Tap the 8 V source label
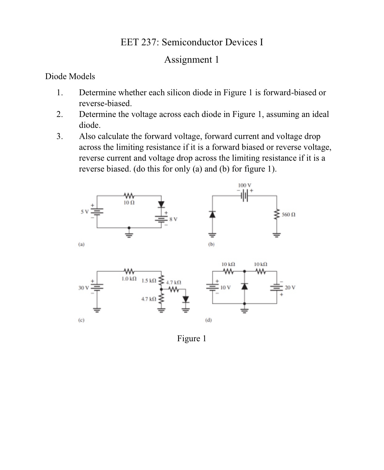tap(173, 219)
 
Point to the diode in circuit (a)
tap(161, 204)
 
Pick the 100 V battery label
tap(244, 185)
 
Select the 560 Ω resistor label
tap(288, 214)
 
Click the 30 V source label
tap(83, 288)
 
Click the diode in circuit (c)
tap(185, 299)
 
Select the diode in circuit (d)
tap(245, 287)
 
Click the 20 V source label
tap(290, 287)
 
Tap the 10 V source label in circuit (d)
tap(226, 287)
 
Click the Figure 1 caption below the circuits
tap(191, 338)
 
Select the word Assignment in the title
tap(184, 59)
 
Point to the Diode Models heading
tap(70, 76)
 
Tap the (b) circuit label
tap(211, 244)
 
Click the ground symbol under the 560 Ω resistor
tap(276, 235)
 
